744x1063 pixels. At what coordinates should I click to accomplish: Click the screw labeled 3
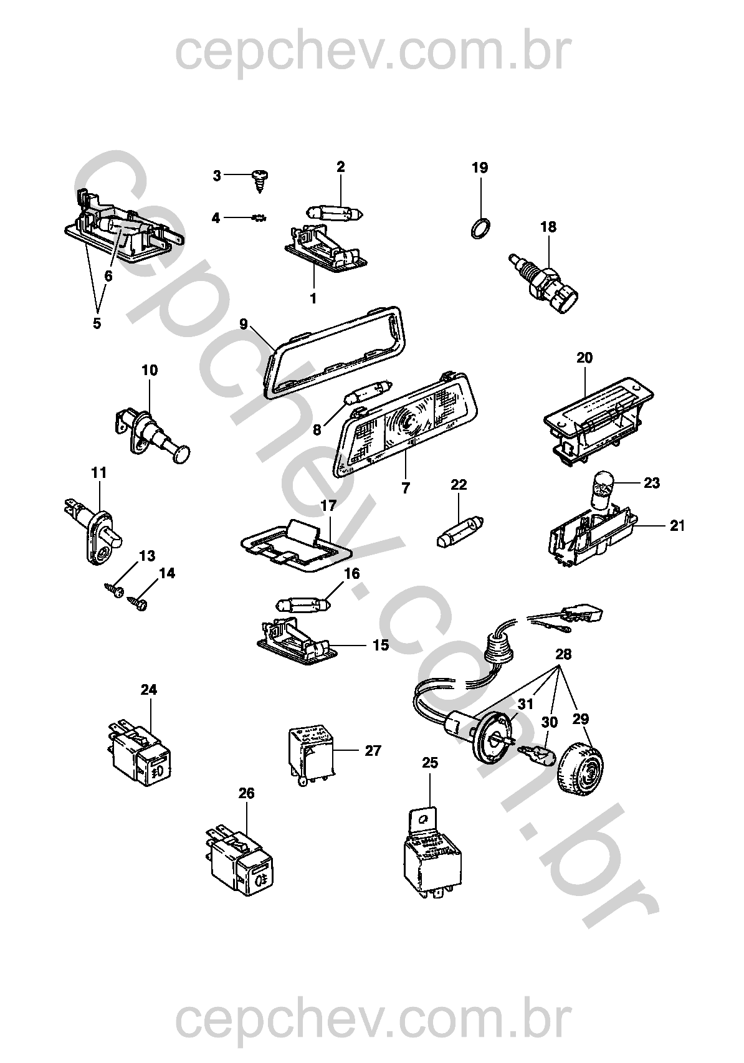click(x=258, y=179)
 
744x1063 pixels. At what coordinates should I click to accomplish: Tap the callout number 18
click(x=548, y=227)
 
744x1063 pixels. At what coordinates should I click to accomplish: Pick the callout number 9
click(x=244, y=323)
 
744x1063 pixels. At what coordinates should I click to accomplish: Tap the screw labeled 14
click(x=138, y=603)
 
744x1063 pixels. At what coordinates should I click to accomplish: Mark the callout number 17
click(x=328, y=505)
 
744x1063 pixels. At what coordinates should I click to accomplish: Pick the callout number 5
click(x=97, y=323)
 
